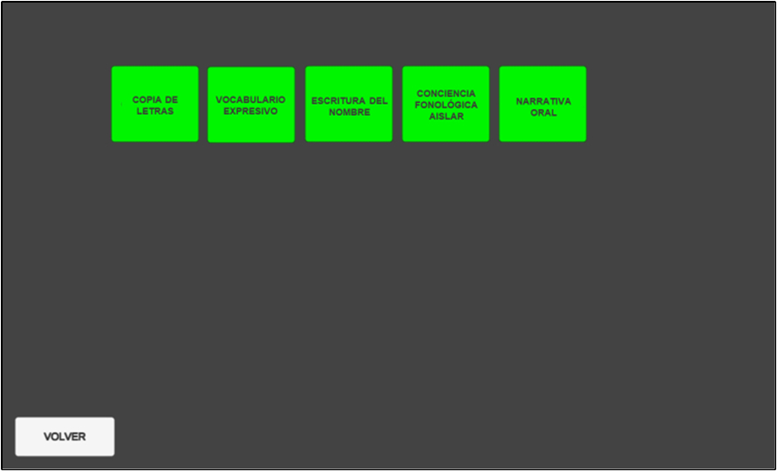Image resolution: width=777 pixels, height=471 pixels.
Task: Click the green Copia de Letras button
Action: click(x=155, y=104)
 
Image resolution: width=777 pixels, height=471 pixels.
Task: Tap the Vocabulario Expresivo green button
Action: click(x=251, y=105)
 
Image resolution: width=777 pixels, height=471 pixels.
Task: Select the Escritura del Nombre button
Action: click(x=349, y=104)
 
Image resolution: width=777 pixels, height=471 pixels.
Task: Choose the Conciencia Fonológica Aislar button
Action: click(x=446, y=104)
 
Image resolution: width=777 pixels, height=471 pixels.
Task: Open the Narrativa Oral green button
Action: click(x=542, y=104)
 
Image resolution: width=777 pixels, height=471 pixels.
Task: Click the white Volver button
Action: click(x=65, y=436)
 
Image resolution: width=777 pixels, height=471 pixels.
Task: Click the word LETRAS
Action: click(x=155, y=111)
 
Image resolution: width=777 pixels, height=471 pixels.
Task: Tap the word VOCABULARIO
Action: click(x=251, y=100)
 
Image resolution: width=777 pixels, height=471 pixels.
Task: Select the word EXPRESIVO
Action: click(x=251, y=111)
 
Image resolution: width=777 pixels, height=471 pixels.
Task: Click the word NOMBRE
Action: click(x=350, y=113)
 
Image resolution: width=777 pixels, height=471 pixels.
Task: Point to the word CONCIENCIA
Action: click(x=446, y=93)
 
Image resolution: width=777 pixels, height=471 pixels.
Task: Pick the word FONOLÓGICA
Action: click(x=446, y=106)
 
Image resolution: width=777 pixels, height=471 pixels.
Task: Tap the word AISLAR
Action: click(x=446, y=117)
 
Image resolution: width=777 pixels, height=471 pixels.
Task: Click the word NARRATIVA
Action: click(x=543, y=102)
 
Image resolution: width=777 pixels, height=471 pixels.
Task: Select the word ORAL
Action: click(x=543, y=113)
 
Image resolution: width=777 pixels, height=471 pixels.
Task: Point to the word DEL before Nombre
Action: click(x=378, y=101)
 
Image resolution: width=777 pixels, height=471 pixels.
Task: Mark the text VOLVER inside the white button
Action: click(x=65, y=437)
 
